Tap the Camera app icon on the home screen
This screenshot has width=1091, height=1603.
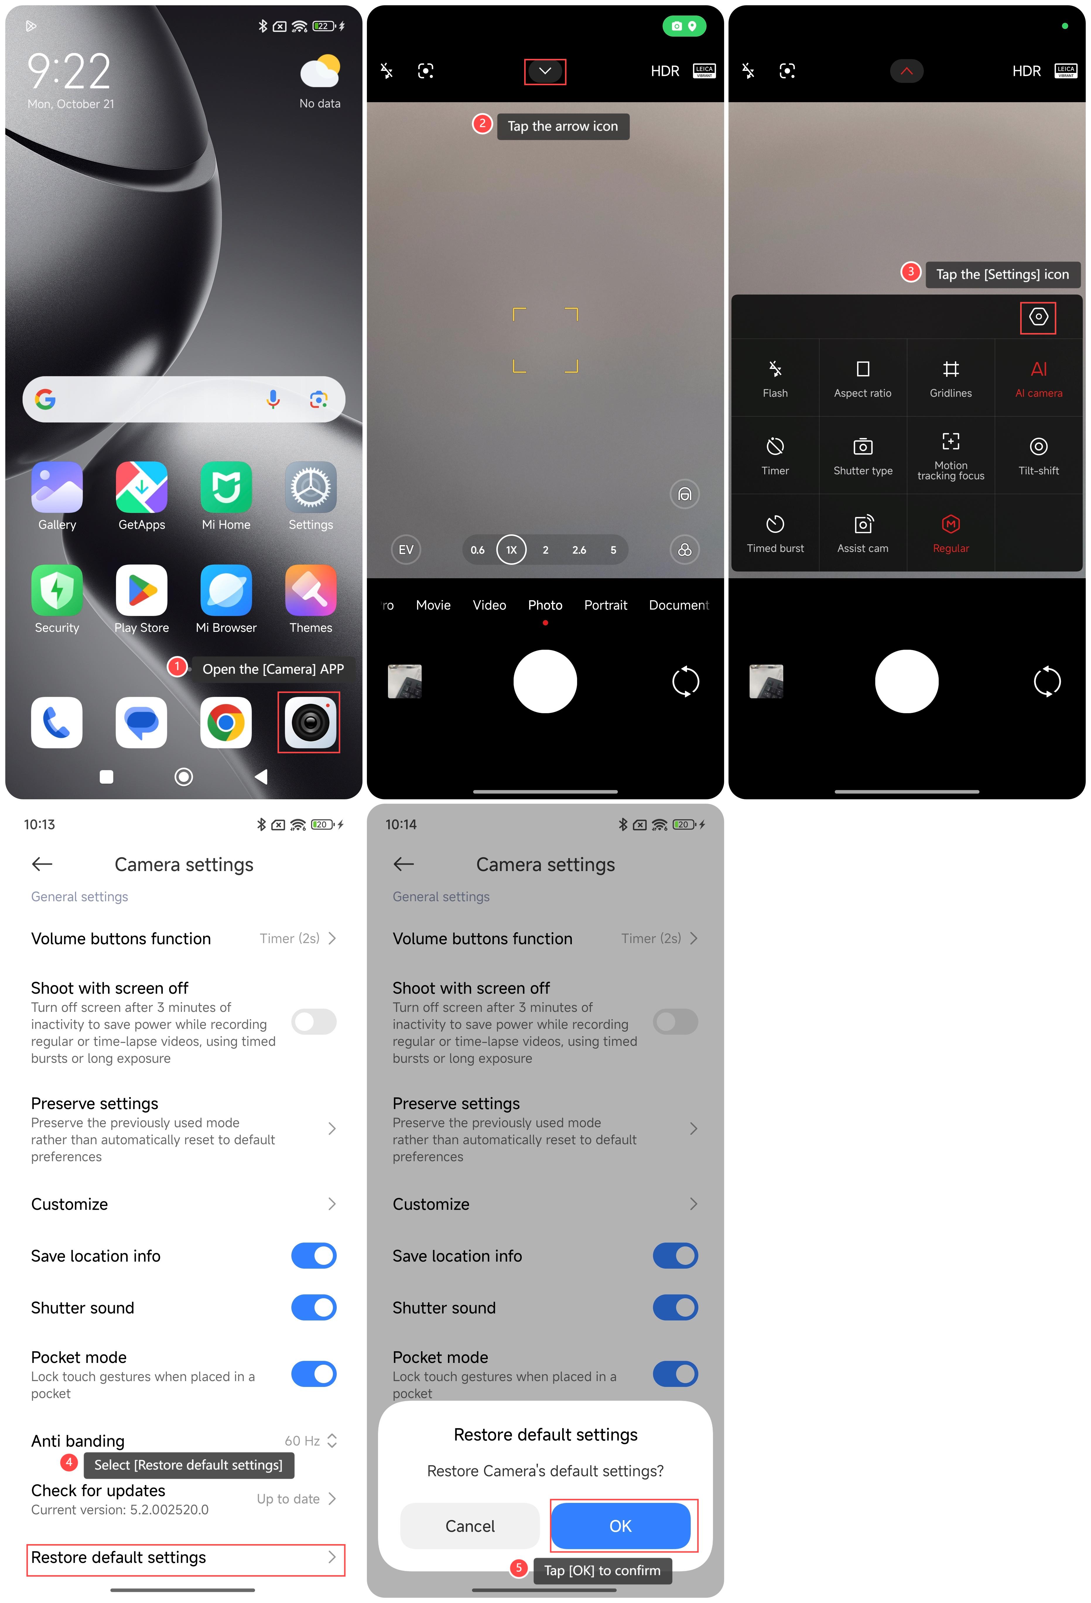click(x=310, y=722)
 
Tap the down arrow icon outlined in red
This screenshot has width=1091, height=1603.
click(x=545, y=71)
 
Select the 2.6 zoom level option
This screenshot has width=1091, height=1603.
click(x=579, y=550)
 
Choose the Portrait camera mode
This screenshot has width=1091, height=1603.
click(x=606, y=605)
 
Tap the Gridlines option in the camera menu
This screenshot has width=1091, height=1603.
click(x=950, y=378)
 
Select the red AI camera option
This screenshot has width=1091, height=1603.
click(x=1039, y=378)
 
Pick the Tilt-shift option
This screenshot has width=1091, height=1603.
click(x=1039, y=455)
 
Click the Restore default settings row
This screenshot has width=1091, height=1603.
click(x=185, y=1558)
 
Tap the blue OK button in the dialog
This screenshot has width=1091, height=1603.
click(x=620, y=1526)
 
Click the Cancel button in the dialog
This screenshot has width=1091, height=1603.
click(x=470, y=1526)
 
